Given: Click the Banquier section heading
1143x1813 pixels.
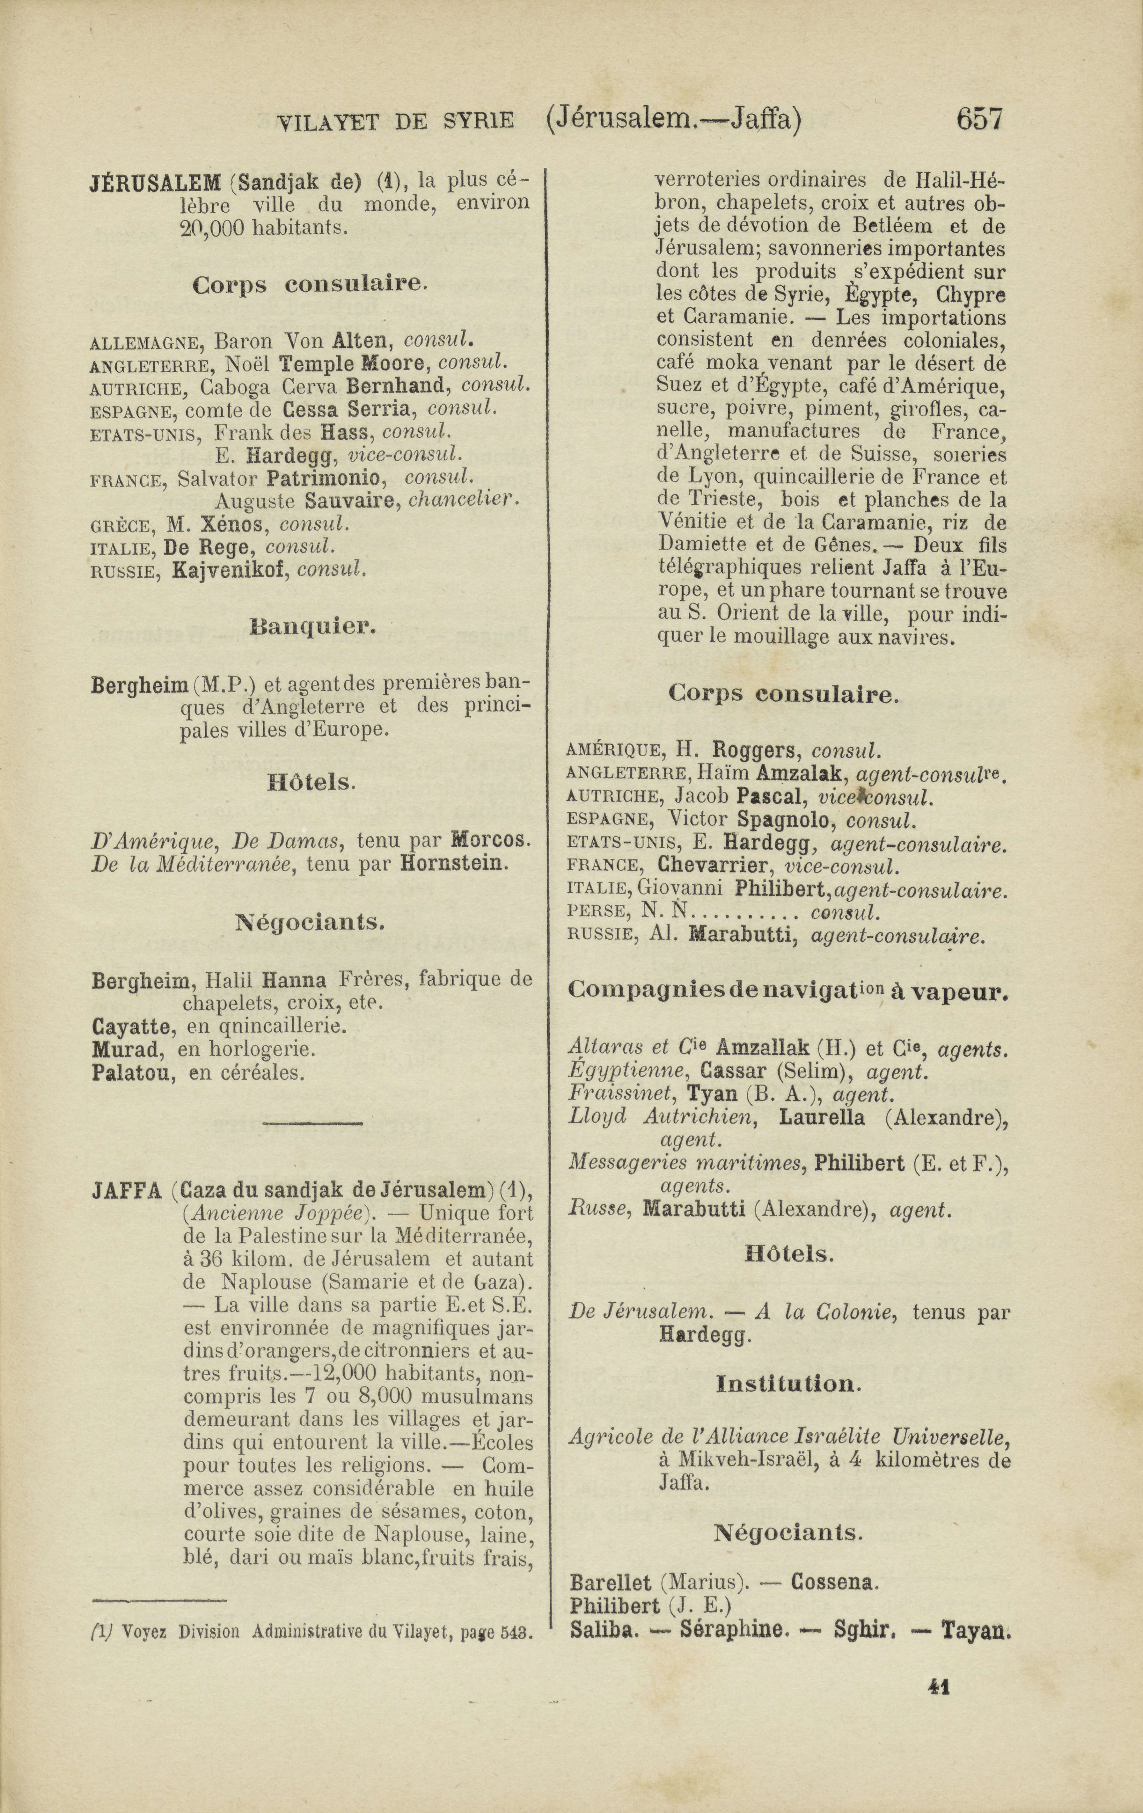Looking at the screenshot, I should (312, 626).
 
